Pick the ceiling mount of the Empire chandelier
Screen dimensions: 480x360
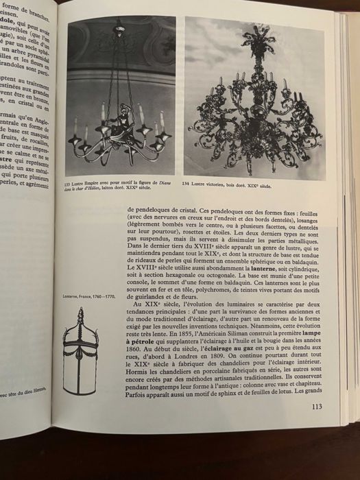120,25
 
